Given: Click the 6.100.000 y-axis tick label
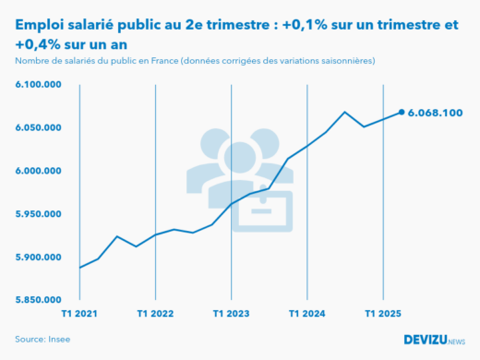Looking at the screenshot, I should coord(38,85).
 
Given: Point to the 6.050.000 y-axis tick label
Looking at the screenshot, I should coord(38,128).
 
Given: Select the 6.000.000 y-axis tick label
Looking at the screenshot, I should coord(38,171).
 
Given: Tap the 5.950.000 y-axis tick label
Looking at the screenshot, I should coord(38,214).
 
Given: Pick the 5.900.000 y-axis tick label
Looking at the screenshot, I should coord(38,257).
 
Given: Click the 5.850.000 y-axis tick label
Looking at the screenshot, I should coord(38,300).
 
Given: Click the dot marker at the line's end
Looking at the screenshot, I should coord(402,113).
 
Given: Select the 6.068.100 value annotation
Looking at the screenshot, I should coord(435,113).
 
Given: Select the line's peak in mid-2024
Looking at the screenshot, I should coord(344,112).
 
